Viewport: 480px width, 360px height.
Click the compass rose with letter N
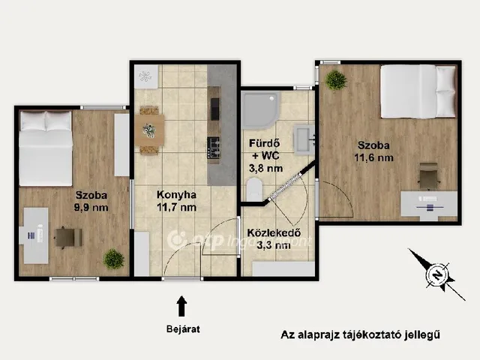tap(437, 275)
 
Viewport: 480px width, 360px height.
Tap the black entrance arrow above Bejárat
tap(181, 306)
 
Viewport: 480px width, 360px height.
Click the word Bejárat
tap(183, 329)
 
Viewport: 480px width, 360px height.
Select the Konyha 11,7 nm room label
tap(176, 201)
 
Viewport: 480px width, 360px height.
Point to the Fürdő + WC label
tap(264, 149)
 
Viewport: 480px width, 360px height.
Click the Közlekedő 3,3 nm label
tap(274, 238)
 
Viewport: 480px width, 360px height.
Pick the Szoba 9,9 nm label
tap(91, 201)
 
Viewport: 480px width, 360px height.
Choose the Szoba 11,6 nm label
tap(373, 151)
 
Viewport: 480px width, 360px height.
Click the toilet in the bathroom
tap(254, 190)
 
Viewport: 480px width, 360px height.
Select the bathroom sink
tap(304, 139)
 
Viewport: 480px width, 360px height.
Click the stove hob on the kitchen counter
tap(214, 148)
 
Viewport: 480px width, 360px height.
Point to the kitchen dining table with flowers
tap(149, 130)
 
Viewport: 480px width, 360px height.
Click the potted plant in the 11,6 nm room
tap(336, 80)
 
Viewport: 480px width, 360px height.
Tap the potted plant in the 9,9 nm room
tap(114, 259)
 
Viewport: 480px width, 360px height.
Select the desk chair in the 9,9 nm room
tap(68, 238)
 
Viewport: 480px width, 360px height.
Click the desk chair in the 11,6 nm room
tap(429, 175)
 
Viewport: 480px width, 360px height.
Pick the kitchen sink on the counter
tap(214, 109)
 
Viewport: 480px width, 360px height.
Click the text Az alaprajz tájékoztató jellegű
tap(360, 334)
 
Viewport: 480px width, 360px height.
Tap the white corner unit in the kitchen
tap(146, 76)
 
